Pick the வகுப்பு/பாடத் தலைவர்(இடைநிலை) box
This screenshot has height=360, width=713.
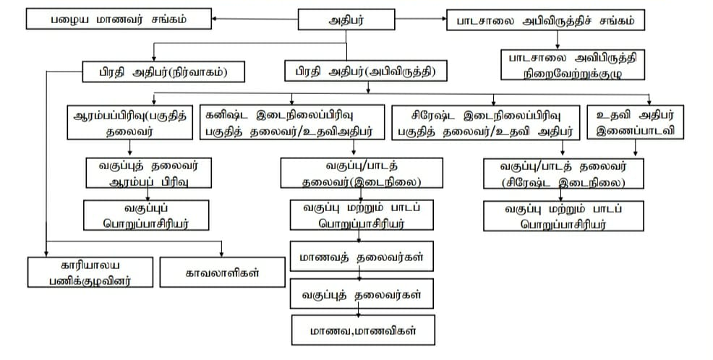tap(353, 173)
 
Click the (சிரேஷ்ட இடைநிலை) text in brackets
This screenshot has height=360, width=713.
tap(564, 181)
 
